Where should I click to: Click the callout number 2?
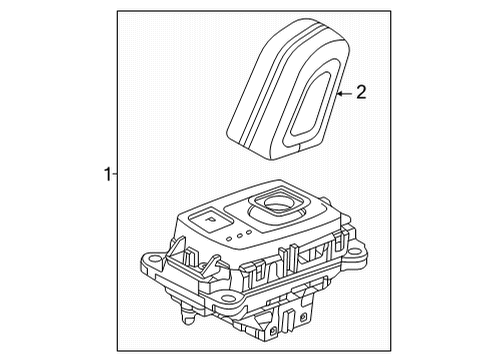pyautogui.click(x=361, y=94)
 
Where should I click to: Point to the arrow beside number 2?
pyautogui.click(x=345, y=94)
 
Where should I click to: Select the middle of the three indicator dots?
pyautogui.click(x=240, y=236)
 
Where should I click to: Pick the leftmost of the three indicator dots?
pyautogui.click(x=231, y=239)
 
